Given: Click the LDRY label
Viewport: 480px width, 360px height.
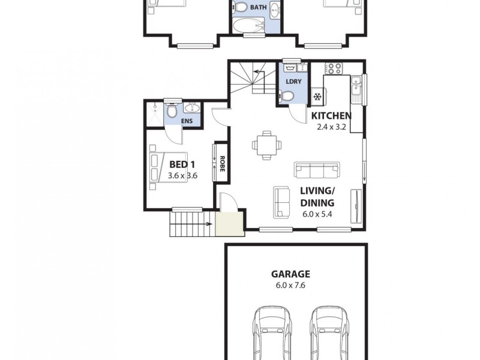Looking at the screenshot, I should point(293,81).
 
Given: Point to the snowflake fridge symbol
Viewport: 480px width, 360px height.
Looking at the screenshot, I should point(317,96).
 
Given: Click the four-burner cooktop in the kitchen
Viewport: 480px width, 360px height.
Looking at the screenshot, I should point(333,68).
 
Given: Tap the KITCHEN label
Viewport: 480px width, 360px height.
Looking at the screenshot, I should point(331,116).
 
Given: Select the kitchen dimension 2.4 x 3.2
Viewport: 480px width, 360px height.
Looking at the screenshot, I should point(331,127).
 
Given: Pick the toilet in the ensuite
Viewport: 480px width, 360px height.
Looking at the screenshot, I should point(172,110).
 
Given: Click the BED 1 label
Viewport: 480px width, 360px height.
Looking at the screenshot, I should point(183,164).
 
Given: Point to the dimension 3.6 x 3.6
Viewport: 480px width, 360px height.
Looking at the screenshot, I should point(183,176).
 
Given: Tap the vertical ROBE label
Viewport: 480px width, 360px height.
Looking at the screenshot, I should point(221,164).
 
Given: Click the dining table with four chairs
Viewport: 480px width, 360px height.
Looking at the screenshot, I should point(265,144).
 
